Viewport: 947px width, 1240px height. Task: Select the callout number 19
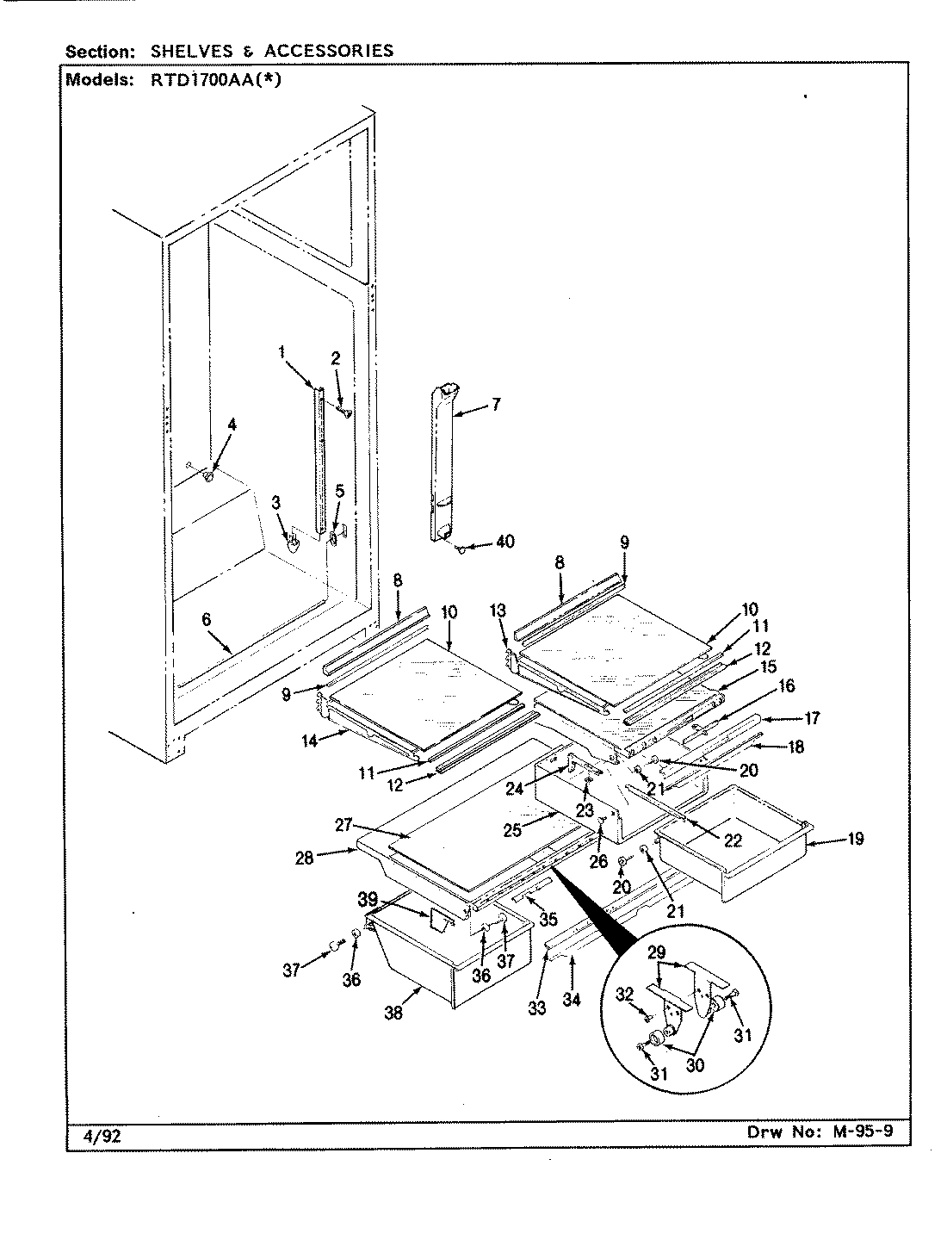pos(855,839)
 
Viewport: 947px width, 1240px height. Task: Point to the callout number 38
pos(393,1014)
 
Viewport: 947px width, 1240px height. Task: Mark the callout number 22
pos(733,841)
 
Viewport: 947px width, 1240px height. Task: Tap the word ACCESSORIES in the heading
pos(329,51)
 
